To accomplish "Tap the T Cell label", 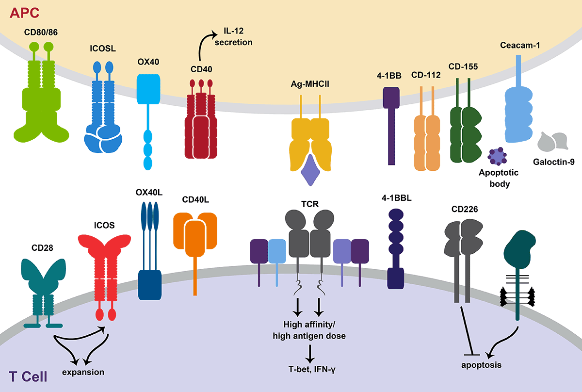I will pos(28,376).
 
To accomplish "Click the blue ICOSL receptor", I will pos(103,121).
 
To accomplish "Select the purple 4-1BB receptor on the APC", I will pos(391,121).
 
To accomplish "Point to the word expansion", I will pos(83,372).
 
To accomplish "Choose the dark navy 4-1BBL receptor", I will pos(396,247).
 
